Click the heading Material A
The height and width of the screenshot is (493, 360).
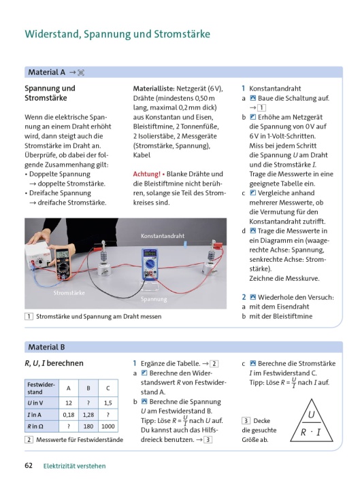[x=46, y=72]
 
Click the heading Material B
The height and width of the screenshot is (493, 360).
[x=46, y=347]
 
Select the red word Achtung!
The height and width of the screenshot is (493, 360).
[x=146, y=174]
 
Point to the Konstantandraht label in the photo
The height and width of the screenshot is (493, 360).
[x=163, y=236]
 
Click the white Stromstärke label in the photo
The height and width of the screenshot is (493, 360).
[x=69, y=292]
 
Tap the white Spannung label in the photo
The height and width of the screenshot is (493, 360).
[x=154, y=299]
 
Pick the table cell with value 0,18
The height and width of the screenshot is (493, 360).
[x=69, y=415]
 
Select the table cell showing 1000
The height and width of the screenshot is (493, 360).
[x=108, y=426]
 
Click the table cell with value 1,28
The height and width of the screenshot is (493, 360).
[x=88, y=415]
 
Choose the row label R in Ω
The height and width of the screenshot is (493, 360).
[x=35, y=426]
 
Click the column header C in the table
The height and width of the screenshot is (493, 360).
[x=108, y=388]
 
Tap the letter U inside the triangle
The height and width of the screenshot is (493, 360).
[x=311, y=414]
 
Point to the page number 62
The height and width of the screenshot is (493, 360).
[x=29, y=465]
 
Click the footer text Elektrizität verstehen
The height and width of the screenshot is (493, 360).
[x=75, y=466]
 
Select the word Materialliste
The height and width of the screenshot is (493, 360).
[x=154, y=88]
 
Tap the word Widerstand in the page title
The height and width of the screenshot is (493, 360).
[x=53, y=34]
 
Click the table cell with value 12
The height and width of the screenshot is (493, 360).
[x=69, y=403]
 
